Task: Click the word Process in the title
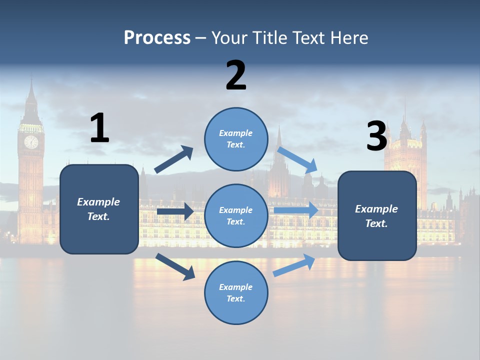coord(157,37)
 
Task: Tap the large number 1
coord(99,128)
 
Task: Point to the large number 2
coord(236,75)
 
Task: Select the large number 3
coord(376,136)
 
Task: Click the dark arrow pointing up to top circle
coord(173,160)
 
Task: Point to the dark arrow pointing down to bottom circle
coord(175,266)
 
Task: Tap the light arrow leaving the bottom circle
coord(294,265)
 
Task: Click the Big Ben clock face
coord(31,142)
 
